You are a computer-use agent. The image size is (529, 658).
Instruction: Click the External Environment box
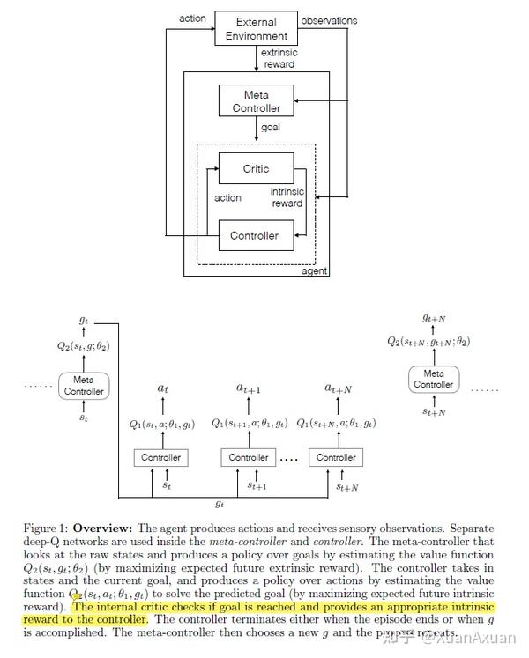point(257,28)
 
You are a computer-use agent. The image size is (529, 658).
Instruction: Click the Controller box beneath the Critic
point(255,235)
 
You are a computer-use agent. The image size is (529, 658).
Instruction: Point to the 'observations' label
point(329,20)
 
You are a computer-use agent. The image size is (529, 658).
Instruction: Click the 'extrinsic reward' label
point(278,59)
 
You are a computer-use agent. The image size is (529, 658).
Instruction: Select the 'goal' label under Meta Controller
point(270,127)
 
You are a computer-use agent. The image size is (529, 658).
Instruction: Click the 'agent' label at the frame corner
point(315,272)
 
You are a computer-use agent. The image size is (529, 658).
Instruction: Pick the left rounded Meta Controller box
point(84,386)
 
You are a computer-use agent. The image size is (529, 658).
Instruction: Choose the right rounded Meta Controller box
point(433,379)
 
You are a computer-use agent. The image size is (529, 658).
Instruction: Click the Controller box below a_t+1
point(249,457)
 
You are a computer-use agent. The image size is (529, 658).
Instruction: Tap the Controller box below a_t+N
point(336,457)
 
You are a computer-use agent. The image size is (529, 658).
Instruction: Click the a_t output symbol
point(161,388)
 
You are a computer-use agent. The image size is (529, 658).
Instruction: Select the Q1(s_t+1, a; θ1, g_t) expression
point(250,424)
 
